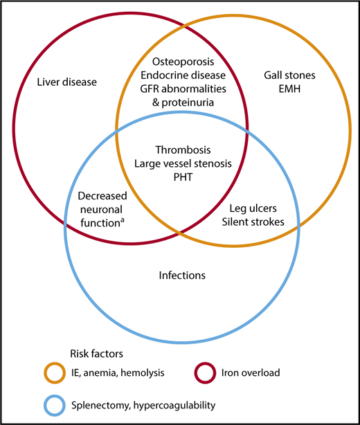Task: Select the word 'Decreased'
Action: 100,197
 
